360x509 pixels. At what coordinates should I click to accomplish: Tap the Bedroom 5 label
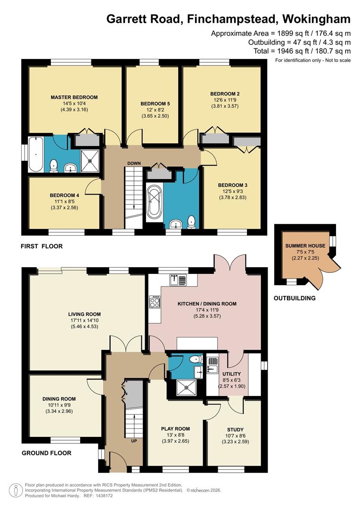pos(155,104)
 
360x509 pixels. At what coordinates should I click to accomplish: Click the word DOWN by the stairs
pos(134,164)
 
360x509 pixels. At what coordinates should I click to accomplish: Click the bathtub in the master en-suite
pos(35,155)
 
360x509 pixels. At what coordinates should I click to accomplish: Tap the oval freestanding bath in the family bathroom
pos(154,203)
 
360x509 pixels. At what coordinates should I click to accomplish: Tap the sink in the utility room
pos(213,363)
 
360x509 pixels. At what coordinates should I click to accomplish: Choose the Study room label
pos(235,429)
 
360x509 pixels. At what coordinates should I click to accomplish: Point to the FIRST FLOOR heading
pos(41,246)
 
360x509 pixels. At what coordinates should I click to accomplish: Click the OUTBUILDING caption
pos(295,298)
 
